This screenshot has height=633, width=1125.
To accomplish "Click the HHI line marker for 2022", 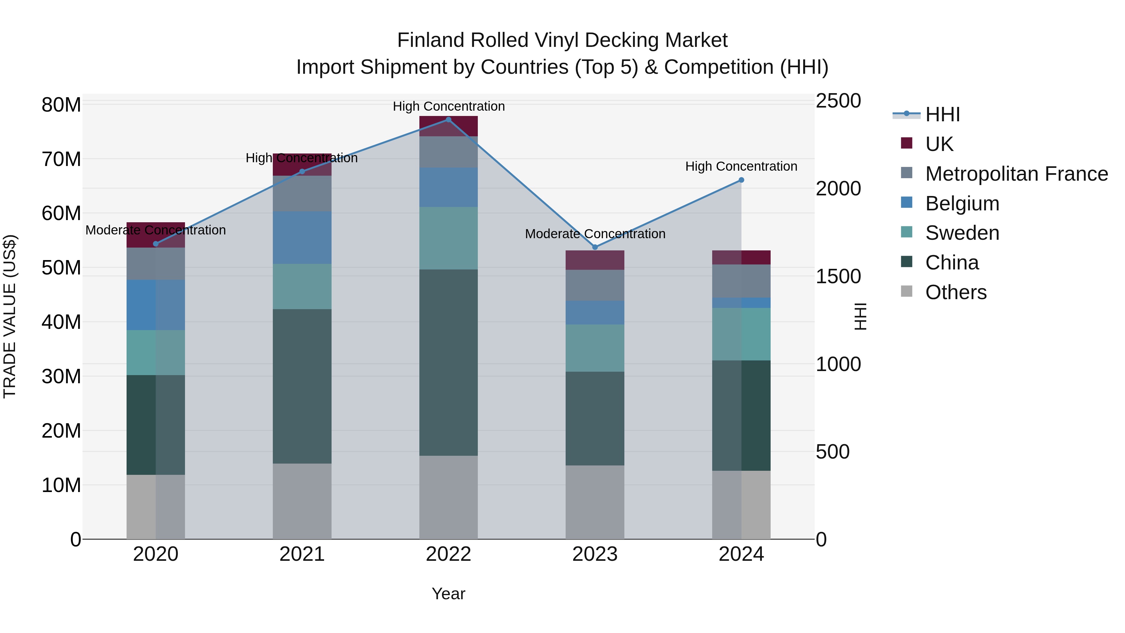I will tap(448, 120).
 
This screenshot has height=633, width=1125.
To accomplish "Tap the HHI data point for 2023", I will tap(595, 247).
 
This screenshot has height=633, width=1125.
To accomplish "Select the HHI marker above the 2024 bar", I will tap(741, 180).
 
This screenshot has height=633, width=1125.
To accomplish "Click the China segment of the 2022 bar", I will tap(448, 363).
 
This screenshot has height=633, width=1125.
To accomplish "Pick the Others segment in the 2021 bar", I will tap(302, 501).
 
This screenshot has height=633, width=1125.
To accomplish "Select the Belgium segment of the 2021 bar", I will tap(302, 238).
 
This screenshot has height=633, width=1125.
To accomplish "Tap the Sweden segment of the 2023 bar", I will tap(595, 348).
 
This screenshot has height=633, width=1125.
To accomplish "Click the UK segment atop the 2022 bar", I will tap(448, 126).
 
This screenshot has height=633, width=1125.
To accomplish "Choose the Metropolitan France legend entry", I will tap(1016, 174).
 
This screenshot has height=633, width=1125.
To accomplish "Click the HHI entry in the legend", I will tap(942, 114).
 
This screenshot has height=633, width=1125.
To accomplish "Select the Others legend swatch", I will tap(907, 291).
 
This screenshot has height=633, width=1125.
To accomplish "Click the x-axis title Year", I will tap(448, 594).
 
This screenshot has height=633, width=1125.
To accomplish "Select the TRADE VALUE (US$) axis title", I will tap(10, 316).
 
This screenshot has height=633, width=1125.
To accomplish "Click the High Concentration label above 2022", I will tap(448, 106).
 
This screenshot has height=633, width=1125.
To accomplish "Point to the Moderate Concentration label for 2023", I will tap(595, 234).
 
